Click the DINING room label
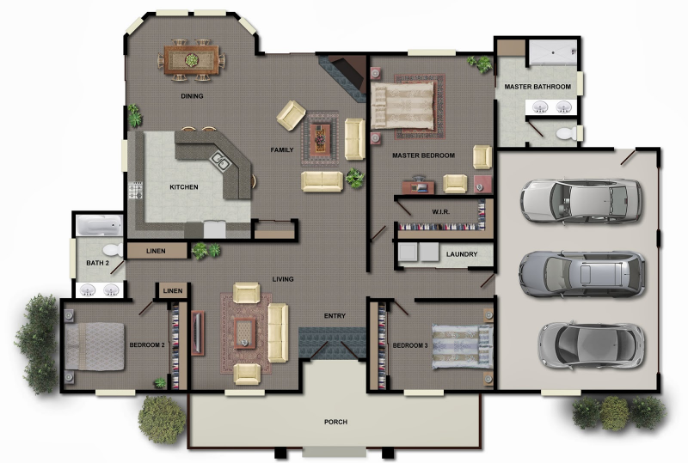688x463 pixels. (x=192, y=96)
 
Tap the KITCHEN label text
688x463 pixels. (x=184, y=186)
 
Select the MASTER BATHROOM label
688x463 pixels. (x=537, y=87)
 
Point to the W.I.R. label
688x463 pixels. (x=441, y=211)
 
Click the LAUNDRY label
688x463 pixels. (x=462, y=254)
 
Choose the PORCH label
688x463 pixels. (x=335, y=422)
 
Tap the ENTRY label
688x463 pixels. (x=335, y=316)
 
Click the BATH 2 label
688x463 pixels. (x=97, y=264)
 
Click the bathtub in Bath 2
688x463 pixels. (x=100, y=226)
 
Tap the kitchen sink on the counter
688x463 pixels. (x=221, y=160)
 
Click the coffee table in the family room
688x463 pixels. (x=322, y=133)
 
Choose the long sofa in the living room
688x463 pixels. (x=277, y=332)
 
